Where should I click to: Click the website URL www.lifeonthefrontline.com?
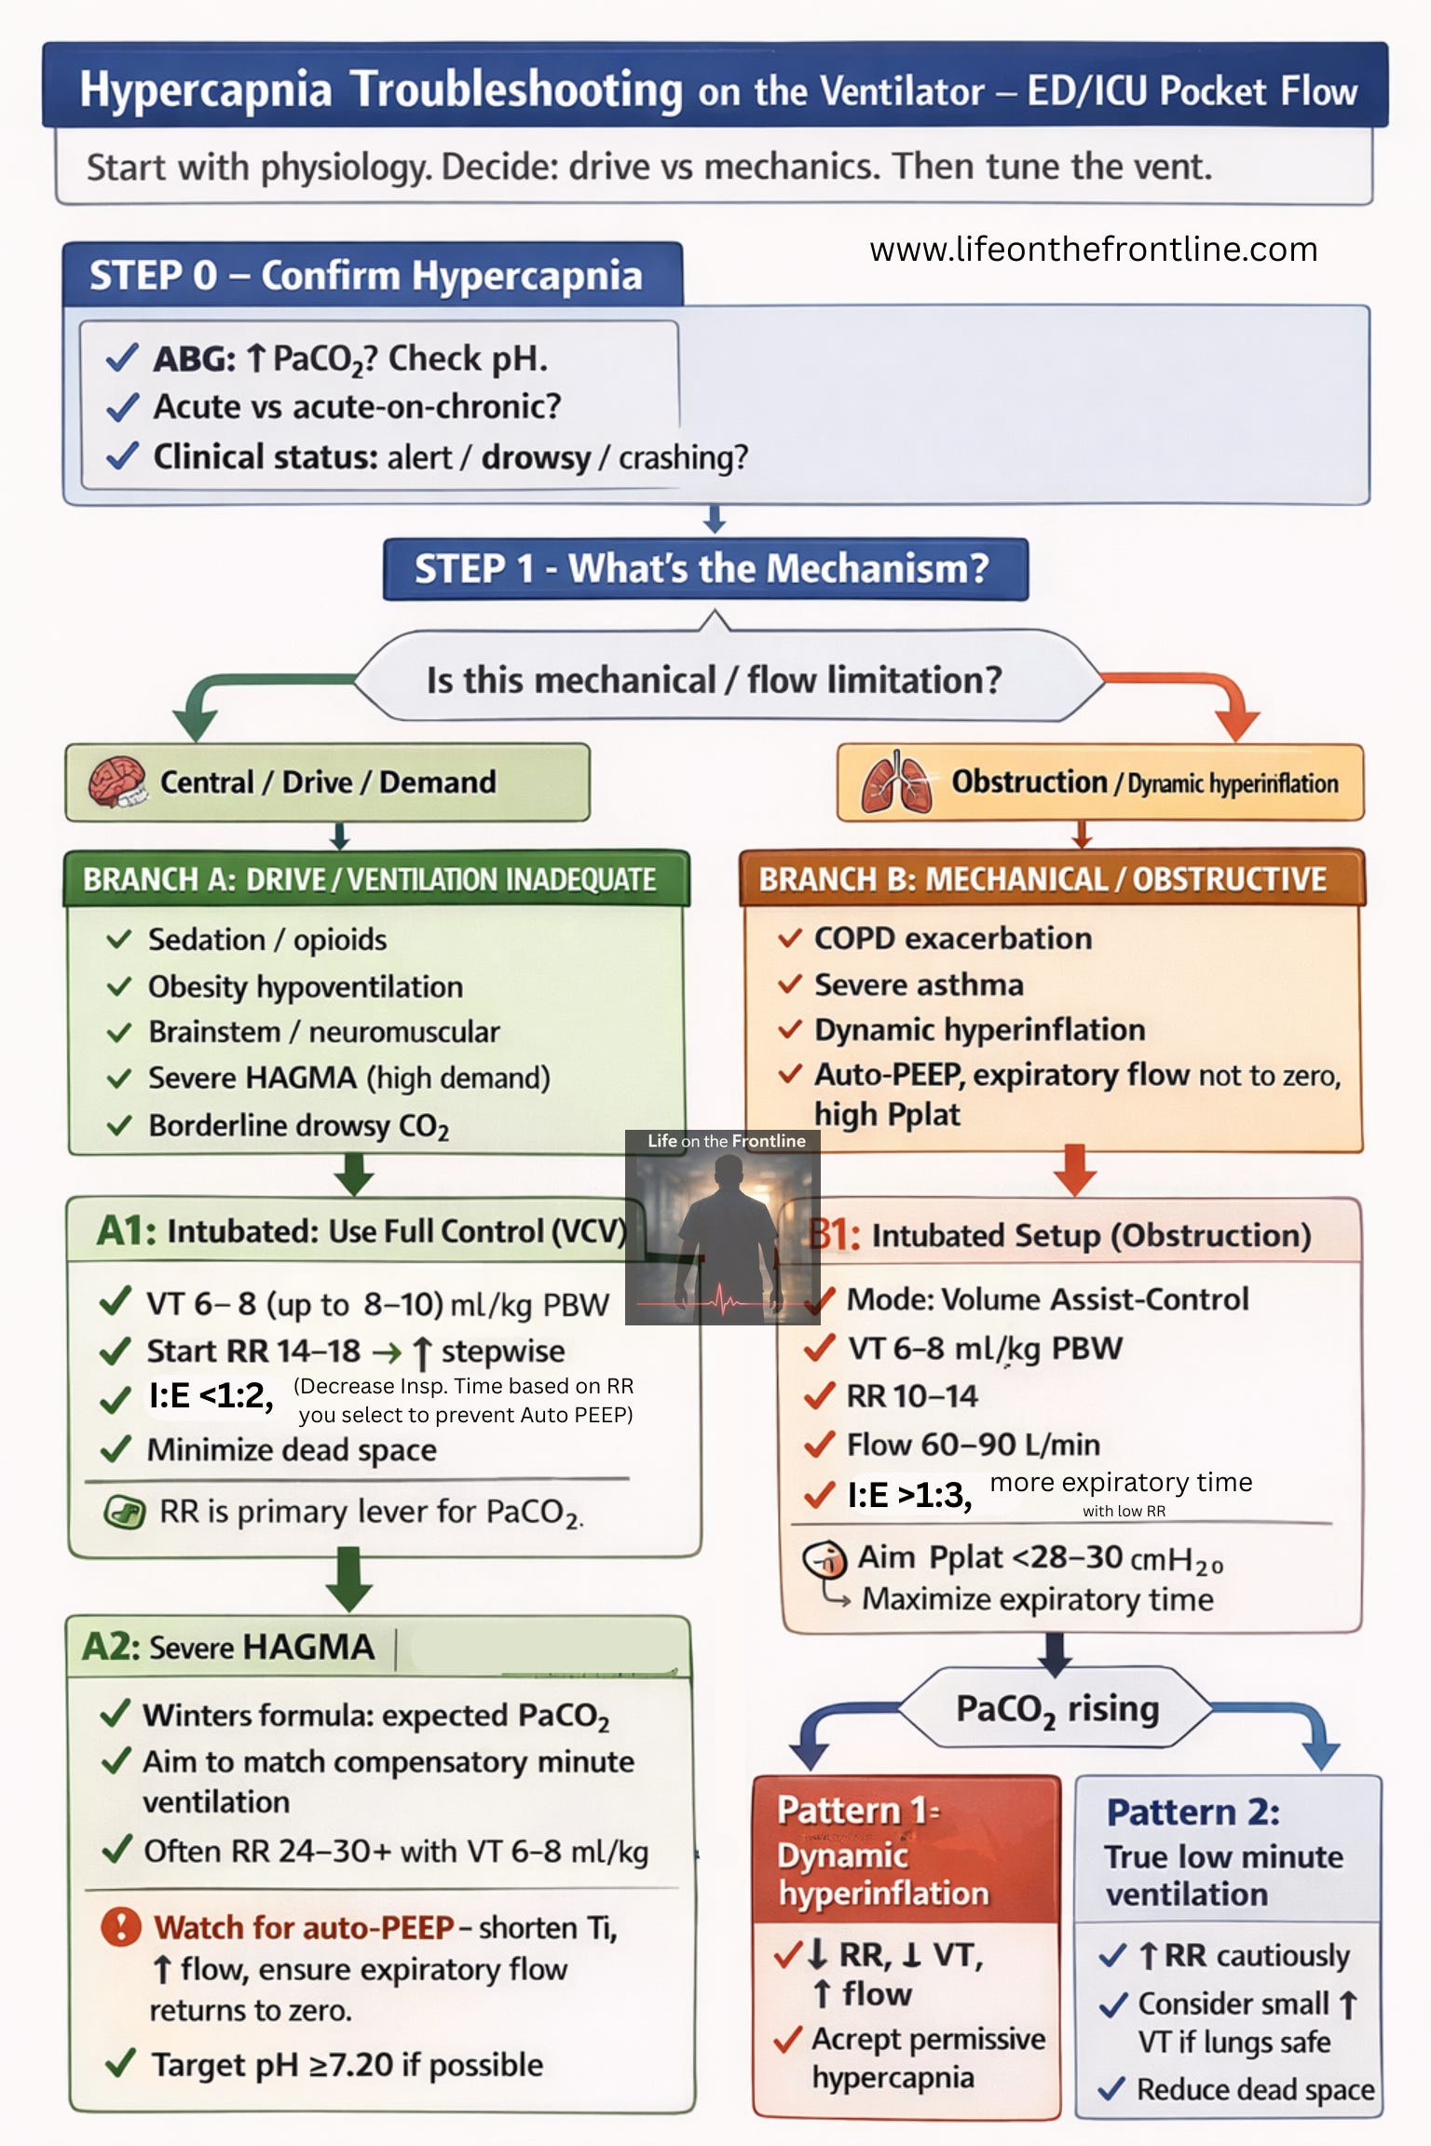point(1093,250)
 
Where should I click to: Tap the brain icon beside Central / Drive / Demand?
point(116,781)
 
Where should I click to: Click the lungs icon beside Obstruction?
point(896,781)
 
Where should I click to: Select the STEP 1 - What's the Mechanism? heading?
point(704,568)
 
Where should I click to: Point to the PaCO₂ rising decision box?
point(1056,1708)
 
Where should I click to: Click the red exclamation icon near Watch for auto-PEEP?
point(121,1926)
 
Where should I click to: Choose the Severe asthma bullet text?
point(919,985)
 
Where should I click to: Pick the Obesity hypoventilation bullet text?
point(306,986)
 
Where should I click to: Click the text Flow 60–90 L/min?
point(973,1445)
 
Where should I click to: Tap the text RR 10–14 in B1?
point(911,1396)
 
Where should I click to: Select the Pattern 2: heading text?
point(1192,1813)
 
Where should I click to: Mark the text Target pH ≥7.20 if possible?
point(347,2065)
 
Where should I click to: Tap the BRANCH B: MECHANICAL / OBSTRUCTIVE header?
point(1043,879)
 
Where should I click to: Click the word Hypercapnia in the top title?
point(205,90)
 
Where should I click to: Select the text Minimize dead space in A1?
point(292,1449)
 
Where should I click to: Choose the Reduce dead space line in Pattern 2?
point(1255,2089)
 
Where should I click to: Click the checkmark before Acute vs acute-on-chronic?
point(122,407)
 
